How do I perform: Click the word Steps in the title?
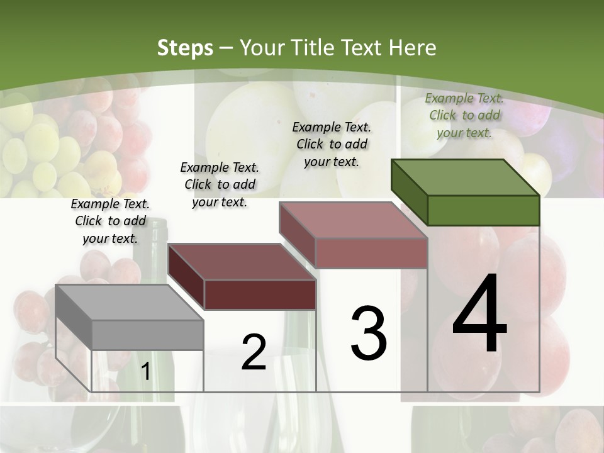click(184, 48)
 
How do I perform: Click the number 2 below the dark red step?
click(254, 352)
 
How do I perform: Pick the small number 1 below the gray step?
click(146, 371)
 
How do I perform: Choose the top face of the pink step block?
click(353, 220)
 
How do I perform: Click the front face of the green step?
click(483, 210)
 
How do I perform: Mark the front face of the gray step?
click(147, 335)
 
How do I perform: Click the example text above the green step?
click(464, 115)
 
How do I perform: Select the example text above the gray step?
click(110, 221)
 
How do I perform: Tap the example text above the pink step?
click(332, 144)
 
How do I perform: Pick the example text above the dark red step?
click(220, 184)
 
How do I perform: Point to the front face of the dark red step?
click(259, 294)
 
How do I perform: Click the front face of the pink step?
click(371, 253)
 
